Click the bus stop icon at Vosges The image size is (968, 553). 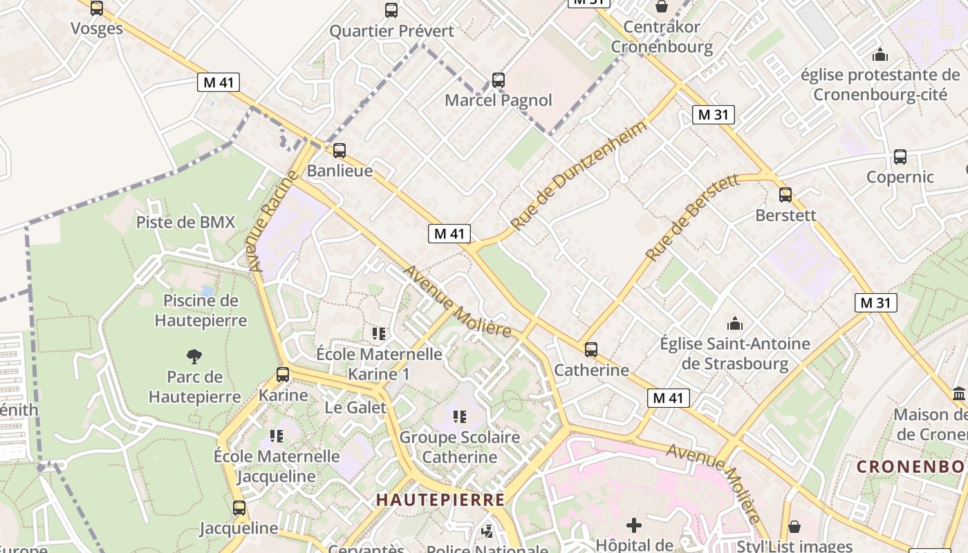tap(97, 8)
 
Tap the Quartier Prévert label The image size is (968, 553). tap(391, 31)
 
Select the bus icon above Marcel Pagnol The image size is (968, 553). tap(498, 80)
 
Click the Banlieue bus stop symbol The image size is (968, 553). tap(339, 151)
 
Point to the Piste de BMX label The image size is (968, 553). tap(185, 222)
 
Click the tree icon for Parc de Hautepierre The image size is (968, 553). tap(194, 357)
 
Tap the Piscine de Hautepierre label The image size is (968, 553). tap(201, 310)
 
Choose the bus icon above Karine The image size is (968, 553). tap(283, 375)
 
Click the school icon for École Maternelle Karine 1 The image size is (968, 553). tap(379, 334)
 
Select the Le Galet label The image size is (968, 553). tap(355, 407)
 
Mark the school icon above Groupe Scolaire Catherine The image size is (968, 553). tap(460, 417)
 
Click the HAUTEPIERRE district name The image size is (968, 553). tap(440, 500)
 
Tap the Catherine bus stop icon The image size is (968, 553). tap(591, 350)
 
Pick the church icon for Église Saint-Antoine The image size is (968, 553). tap(734, 324)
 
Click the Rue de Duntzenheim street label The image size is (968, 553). tap(579, 175)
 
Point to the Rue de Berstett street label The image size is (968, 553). tap(692, 218)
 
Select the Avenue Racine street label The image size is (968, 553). tap(271, 221)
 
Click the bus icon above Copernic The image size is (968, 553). tap(900, 157)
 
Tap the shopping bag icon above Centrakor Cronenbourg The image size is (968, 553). tap(662, 7)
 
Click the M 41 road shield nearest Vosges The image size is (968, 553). tap(218, 82)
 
